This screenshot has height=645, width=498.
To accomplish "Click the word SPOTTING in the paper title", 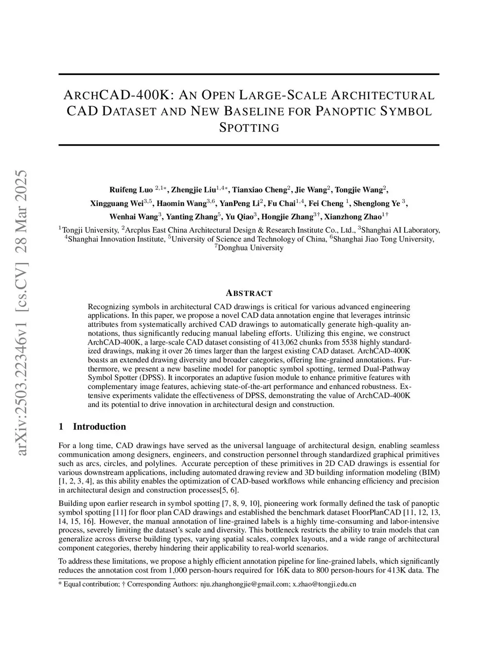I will pos(249,128).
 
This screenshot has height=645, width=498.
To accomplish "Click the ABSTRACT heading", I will pos(249,293).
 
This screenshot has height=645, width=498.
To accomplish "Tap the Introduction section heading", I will pos(99,427).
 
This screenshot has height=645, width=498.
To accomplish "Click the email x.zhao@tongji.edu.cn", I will pos(324,584).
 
